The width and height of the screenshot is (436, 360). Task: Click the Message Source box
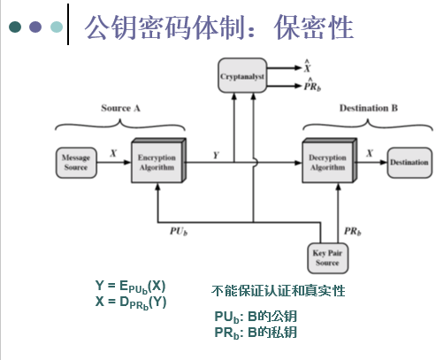point(75,162)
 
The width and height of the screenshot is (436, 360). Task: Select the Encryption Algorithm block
point(156,162)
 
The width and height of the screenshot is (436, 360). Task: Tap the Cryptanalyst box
point(241,79)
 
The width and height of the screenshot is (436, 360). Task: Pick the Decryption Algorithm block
point(327,162)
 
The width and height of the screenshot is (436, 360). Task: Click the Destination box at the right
point(409,163)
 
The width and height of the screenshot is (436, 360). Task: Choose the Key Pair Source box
point(328,257)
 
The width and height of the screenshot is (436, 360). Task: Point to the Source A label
point(121,107)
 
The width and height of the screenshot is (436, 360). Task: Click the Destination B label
point(369,107)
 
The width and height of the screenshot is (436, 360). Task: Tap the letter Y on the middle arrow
point(217,154)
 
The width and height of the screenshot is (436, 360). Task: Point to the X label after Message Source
point(112,153)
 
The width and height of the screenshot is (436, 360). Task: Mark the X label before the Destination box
point(368,153)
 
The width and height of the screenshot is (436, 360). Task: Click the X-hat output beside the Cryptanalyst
point(307,67)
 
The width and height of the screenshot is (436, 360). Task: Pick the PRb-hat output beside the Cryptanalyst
point(311,86)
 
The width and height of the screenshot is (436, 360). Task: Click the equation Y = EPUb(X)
point(130,287)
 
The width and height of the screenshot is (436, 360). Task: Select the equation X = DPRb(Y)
point(130,301)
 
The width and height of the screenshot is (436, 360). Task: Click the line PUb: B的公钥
point(255,316)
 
